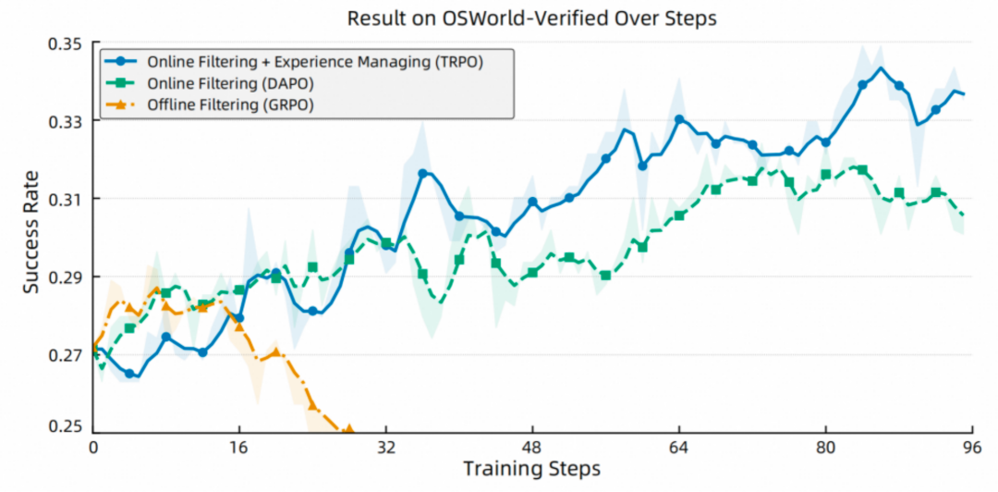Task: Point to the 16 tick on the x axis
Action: click(239, 447)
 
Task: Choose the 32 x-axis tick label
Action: click(386, 447)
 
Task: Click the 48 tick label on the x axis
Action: click(533, 447)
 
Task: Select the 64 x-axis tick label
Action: click(679, 447)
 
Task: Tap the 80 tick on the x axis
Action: click(825, 447)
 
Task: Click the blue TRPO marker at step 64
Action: click(679, 119)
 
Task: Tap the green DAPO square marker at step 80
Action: click(825, 175)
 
